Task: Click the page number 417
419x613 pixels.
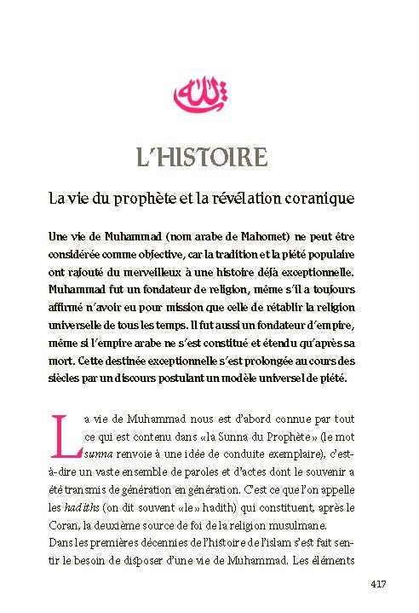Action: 379,584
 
